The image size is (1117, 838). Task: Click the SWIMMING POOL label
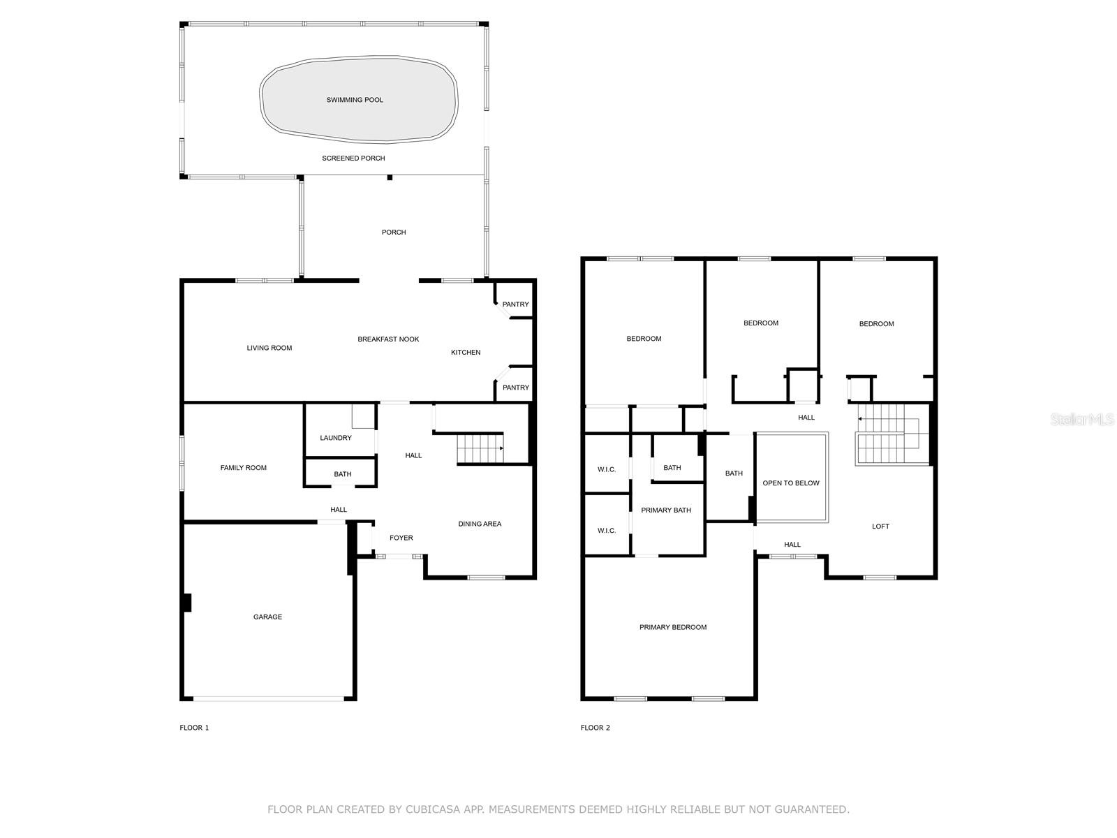[355, 100]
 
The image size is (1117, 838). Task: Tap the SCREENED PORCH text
[353, 159]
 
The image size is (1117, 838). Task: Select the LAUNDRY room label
[335, 438]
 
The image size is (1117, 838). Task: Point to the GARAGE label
[267, 617]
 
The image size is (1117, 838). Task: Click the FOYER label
[401, 538]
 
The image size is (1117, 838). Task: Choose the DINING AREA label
[480, 524]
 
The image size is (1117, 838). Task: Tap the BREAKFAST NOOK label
[388, 339]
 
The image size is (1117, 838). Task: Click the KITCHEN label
[466, 352]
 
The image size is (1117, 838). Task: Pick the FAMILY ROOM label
[243, 468]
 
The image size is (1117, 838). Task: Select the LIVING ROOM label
[269, 348]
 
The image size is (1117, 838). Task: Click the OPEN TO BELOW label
[791, 483]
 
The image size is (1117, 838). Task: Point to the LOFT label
[880, 526]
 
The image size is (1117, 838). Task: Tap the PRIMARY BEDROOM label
[673, 627]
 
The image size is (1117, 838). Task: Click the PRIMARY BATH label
[665, 510]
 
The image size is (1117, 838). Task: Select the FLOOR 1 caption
[194, 728]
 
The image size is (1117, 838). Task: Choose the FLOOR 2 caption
[595, 728]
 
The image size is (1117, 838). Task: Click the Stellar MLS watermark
[1082, 419]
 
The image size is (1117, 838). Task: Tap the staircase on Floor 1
[480, 448]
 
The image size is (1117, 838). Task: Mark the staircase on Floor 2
[893, 434]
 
